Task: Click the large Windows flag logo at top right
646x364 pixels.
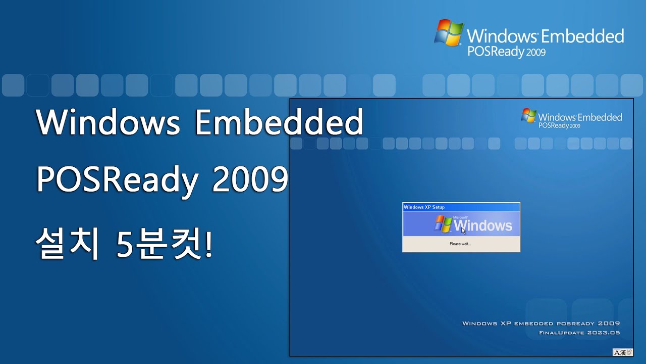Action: coord(449,33)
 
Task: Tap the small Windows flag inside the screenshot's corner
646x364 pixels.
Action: coord(528,116)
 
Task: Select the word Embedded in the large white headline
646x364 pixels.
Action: coord(279,123)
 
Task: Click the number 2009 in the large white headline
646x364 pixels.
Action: coord(250,180)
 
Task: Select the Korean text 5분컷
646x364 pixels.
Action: coord(159,245)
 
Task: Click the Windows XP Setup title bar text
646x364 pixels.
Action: coord(424,207)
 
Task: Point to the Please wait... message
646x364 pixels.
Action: coord(460,244)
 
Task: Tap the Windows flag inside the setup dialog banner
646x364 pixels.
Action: coord(443,224)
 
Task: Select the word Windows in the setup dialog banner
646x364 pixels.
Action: coord(483,225)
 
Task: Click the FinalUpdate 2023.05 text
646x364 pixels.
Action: coord(579,333)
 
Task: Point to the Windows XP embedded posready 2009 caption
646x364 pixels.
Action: coord(541,324)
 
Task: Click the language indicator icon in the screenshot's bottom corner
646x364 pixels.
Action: coord(622,352)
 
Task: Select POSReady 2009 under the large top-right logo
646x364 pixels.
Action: coord(506,52)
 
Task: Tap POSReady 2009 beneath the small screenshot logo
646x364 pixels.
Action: coord(559,125)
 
